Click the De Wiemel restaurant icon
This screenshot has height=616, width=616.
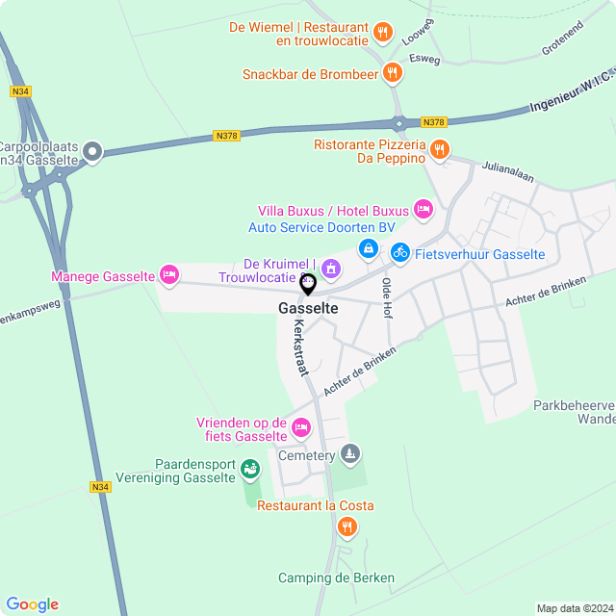point(382,32)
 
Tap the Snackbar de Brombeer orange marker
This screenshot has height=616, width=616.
point(392,72)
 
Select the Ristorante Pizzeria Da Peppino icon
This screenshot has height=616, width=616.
point(439,148)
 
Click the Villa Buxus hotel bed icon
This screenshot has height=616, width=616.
point(423,209)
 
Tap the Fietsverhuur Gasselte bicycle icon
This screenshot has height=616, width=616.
point(399,252)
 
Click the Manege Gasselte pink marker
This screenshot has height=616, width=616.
point(169,275)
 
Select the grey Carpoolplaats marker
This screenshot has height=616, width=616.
point(92,150)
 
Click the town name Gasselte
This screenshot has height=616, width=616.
point(308,309)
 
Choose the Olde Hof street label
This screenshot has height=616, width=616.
point(388,298)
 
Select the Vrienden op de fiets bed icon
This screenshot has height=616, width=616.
point(300,427)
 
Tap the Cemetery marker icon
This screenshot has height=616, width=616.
point(350,452)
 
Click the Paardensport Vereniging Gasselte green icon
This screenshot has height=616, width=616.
point(249,469)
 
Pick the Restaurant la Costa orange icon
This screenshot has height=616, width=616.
point(346,526)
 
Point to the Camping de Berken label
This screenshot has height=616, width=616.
point(336,577)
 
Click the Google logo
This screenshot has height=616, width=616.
point(32,603)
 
